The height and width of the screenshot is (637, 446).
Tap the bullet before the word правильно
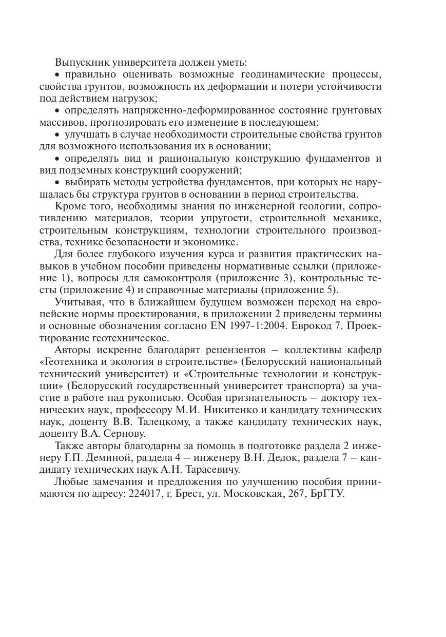click(57, 75)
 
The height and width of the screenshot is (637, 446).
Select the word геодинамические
click(242, 75)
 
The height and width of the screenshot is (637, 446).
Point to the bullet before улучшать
click(57, 134)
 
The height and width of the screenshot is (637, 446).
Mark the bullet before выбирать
click(57, 182)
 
